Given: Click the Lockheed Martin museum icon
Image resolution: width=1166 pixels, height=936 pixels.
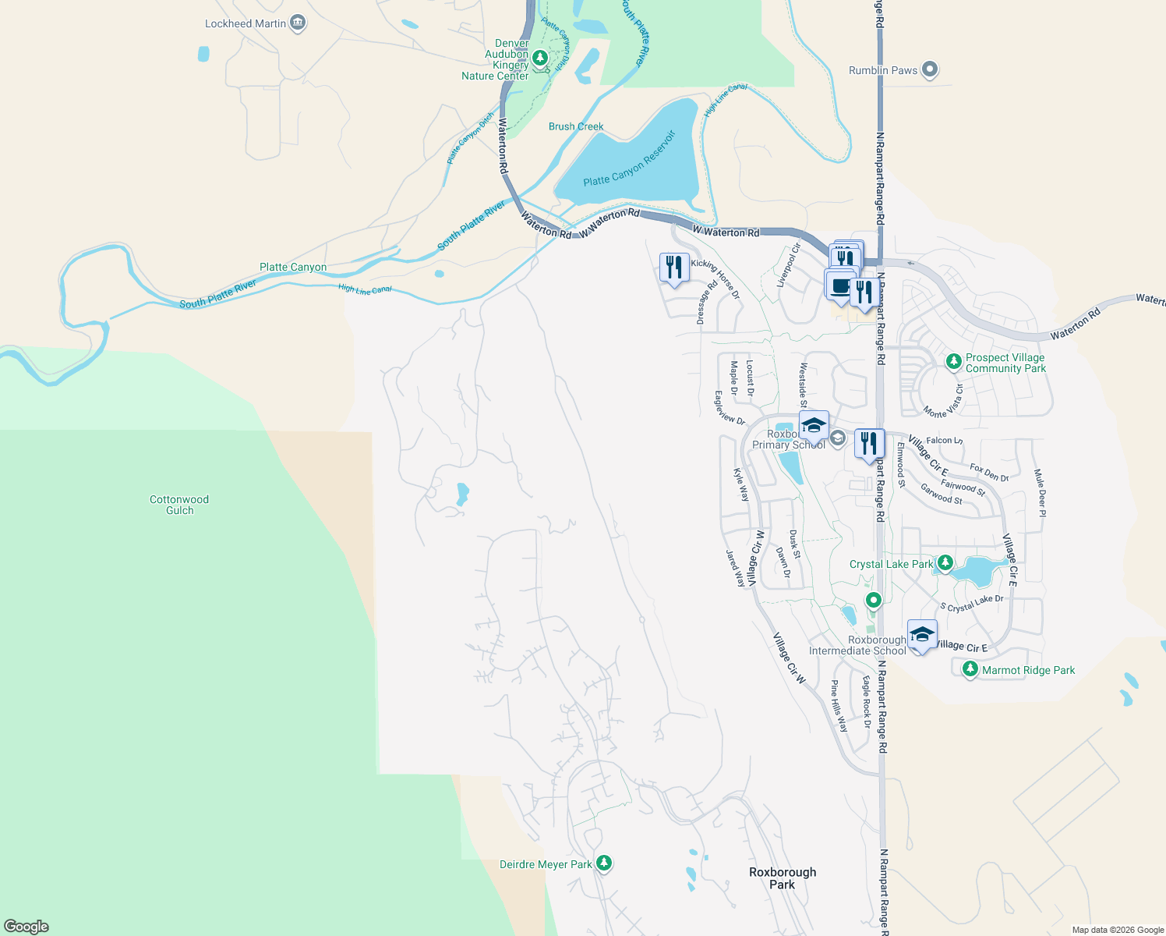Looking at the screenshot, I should click(297, 23).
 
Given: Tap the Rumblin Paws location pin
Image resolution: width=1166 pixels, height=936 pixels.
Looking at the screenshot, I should click(929, 70).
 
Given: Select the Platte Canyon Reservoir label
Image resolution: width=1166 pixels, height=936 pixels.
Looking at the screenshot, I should click(629, 160).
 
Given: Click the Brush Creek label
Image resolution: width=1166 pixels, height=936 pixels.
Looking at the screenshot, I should click(576, 126).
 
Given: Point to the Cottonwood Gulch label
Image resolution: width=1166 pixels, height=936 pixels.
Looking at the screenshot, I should click(179, 505).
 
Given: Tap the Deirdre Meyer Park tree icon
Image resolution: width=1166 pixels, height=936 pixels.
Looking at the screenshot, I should click(603, 863).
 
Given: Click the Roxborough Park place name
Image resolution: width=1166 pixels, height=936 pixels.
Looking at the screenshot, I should click(783, 878).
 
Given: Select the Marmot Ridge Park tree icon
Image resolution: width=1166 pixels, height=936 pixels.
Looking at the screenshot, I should click(970, 669).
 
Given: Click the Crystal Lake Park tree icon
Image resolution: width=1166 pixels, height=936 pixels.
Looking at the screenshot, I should click(945, 562).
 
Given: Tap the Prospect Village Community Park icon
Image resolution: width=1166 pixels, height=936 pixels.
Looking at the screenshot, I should click(953, 362).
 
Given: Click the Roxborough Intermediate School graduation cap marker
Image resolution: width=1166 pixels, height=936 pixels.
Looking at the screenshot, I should click(921, 634).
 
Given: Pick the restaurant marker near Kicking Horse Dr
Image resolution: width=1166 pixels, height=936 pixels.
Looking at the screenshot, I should click(674, 268).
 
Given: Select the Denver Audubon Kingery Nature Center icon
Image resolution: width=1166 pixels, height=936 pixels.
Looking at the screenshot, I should click(539, 58).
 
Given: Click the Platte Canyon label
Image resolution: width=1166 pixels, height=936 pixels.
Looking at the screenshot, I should click(293, 267).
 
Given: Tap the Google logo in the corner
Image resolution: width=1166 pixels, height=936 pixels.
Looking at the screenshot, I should click(26, 927).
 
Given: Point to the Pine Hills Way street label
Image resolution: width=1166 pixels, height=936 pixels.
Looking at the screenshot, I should click(839, 706).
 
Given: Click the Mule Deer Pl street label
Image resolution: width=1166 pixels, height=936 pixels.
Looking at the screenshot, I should click(1039, 493).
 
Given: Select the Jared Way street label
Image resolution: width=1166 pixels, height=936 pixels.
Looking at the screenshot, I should click(735, 569).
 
